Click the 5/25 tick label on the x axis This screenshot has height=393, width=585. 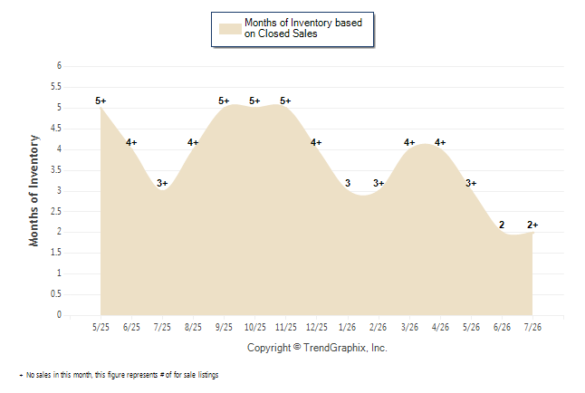(x=101, y=327)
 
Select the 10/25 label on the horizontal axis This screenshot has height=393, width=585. (x=254, y=327)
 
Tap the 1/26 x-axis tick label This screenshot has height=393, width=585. (x=348, y=327)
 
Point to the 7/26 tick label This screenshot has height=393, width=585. (x=532, y=327)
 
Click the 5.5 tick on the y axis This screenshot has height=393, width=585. (x=56, y=87)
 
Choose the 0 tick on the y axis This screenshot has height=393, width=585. (x=59, y=314)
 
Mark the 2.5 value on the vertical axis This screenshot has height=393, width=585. (x=56, y=211)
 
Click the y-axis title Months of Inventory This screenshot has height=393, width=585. (x=34, y=191)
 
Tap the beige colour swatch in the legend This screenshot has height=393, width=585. (x=230, y=29)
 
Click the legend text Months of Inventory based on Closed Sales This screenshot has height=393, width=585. (x=303, y=28)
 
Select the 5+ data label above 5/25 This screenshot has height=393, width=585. (x=101, y=101)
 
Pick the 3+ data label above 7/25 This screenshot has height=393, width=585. (x=162, y=183)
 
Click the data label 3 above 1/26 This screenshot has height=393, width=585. (x=348, y=183)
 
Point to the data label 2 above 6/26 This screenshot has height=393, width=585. (x=502, y=225)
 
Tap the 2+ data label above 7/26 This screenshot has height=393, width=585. (x=532, y=225)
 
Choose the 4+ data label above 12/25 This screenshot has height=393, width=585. (x=316, y=142)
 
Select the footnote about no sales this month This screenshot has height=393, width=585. (x=119, y=375)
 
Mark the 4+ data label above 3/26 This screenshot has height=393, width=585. (x=409, y=142)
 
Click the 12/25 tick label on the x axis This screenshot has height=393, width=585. (x=316, y=327)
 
